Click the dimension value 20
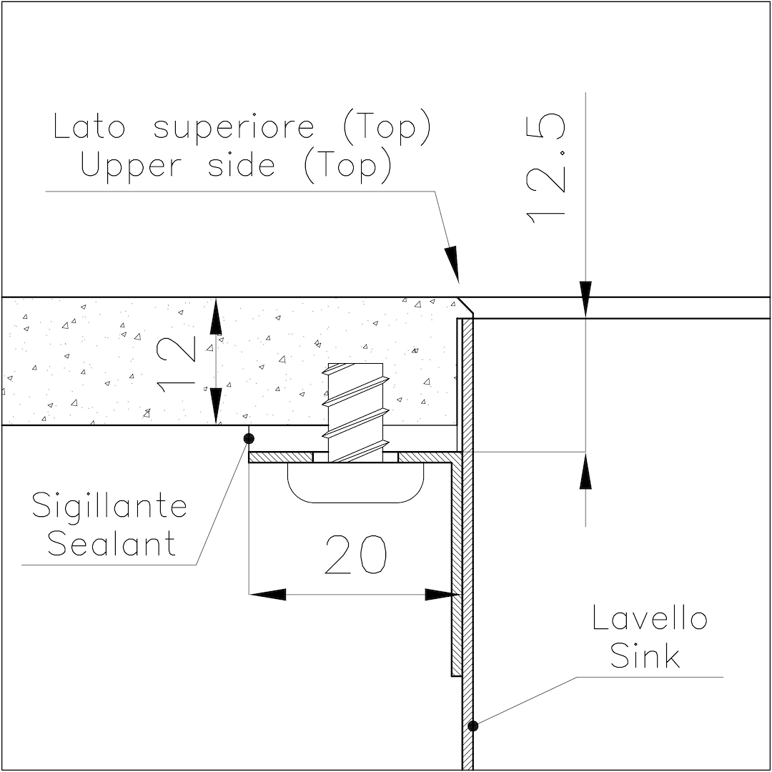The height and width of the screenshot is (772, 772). coord(355,555)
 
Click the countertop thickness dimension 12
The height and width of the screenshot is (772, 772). coord(176,365)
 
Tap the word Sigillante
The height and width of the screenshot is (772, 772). coord(109,506)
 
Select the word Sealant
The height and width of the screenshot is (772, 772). coord(112,543)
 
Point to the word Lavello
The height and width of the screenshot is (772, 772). coord(650,618)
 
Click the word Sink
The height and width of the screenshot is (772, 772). coord(645,655)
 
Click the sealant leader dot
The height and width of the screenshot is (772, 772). coord(249,438)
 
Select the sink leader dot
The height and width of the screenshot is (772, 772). coord(472,726)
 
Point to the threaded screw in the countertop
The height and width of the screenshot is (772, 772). coord(355,412)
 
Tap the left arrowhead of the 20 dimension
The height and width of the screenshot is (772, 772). coord(267,594)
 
